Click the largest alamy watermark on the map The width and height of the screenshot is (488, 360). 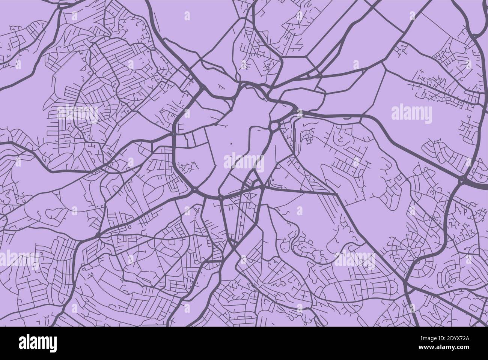pyautogui.click(x=244, y=162)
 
